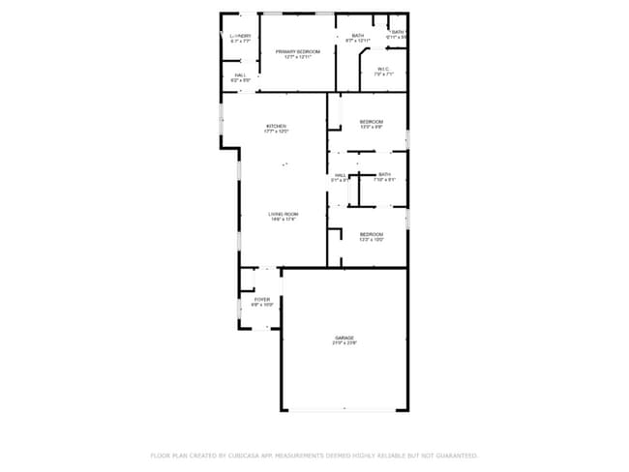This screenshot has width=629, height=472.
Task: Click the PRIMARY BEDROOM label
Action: click(297, 50)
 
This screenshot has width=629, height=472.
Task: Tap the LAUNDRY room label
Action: click(241, 36)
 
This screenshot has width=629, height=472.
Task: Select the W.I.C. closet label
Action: click(383, 68)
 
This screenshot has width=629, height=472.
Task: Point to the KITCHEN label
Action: click(277, 126)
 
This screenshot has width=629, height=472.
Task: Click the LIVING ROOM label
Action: click(284, 214)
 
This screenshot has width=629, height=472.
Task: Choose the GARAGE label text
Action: click(344, 338)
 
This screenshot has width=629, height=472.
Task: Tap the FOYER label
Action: click(262, 299)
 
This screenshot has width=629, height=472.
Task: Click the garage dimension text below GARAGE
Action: click(344, 343)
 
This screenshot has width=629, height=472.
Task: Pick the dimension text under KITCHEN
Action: click(277, 132)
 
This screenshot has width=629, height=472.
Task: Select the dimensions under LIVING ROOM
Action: click(284, 220)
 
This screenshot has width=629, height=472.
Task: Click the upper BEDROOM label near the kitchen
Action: click(372, 121)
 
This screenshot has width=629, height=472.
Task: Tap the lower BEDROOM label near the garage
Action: click(372, 234)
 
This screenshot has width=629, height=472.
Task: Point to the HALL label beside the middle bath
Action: click(341, 174)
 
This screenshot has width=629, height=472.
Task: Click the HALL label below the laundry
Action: click(240, 74)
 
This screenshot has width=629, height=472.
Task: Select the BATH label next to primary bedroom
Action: click(358, 36)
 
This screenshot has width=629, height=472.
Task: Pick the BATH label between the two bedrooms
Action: click(385, 174)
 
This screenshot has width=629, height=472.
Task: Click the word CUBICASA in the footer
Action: click(241, 455)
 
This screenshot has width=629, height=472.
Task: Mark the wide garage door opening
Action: click(344, 410)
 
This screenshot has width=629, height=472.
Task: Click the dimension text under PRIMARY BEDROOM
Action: click(297, 56)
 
